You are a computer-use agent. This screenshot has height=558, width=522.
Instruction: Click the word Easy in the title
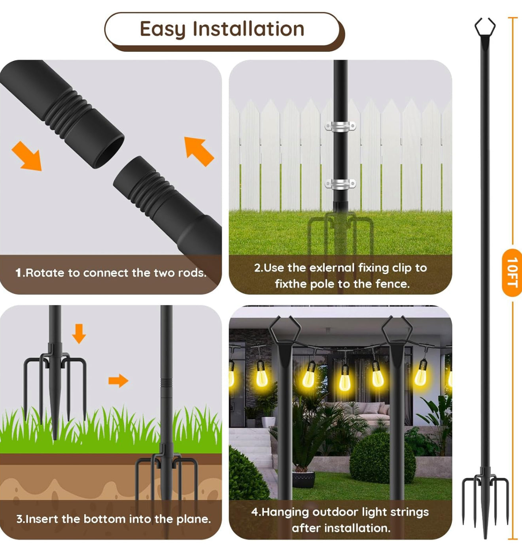point(162,30)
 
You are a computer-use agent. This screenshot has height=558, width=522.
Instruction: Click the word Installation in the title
point(248,29)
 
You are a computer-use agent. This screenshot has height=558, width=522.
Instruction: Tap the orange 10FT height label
point(512,272)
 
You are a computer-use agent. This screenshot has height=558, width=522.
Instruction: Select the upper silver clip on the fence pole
point(340,126)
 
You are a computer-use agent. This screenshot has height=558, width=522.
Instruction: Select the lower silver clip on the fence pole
point(340,184)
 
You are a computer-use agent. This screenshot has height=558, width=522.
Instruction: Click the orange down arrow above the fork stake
point(79,333)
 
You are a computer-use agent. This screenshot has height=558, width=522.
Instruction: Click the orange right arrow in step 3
point(118,381)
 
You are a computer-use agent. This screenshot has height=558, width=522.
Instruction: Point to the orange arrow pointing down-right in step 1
point(27,156)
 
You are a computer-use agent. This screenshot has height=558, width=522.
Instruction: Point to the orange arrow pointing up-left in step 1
point(199,151)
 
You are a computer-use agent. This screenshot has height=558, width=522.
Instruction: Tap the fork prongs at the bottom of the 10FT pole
point(485,498)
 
